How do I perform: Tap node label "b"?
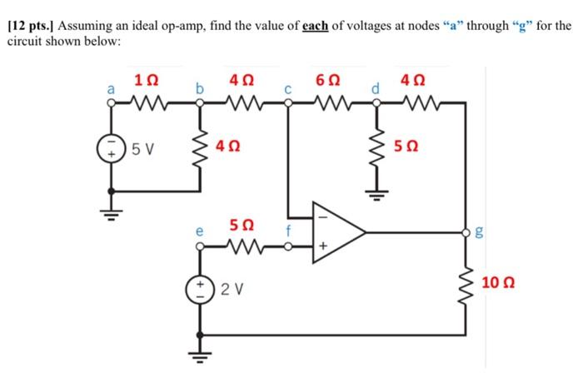coord(198,87)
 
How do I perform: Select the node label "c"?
coord(287,88)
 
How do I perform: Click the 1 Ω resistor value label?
coord(142,81)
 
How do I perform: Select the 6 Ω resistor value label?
coord(327,81)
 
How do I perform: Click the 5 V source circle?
coord(110,152)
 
